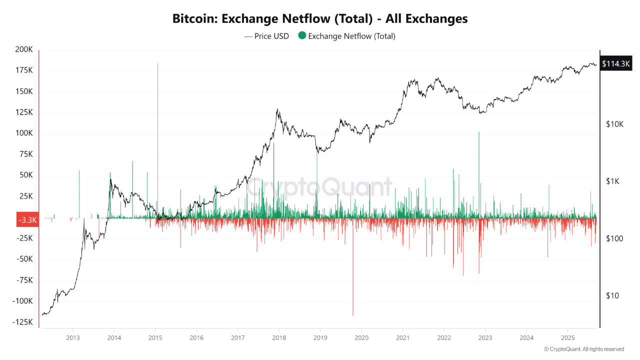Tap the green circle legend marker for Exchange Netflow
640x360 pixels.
point(302,36)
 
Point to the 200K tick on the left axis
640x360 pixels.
point(24,50)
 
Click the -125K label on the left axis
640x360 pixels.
point(23,322)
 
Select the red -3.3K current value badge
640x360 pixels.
point(27,220)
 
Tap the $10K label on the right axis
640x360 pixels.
point(614,124)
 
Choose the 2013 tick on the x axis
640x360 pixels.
point(73,337)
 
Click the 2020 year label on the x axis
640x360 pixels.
point(361,337)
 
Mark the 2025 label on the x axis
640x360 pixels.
point(567,337)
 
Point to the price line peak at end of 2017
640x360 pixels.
point(277,110)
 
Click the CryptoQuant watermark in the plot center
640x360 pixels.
point(320,187)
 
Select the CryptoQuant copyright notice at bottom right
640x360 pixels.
point(583,349)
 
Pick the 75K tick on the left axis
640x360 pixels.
point(24,154)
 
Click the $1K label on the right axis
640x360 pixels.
point(612,181)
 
